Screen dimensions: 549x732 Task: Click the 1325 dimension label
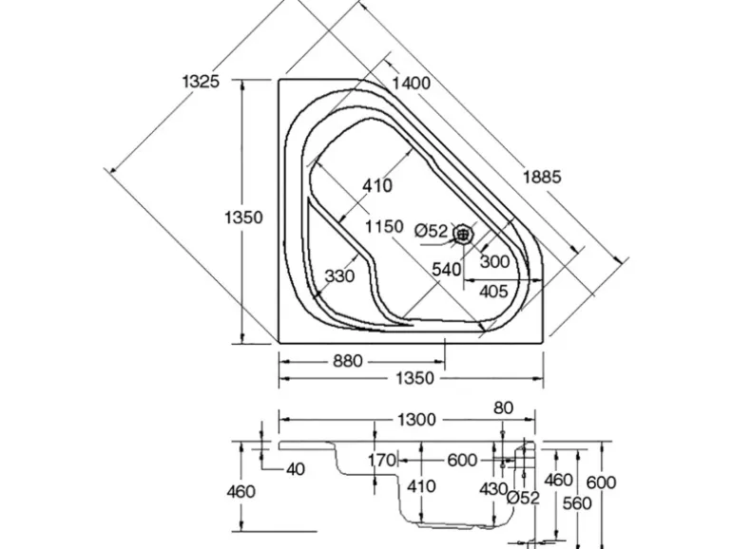click(x=201, y=81)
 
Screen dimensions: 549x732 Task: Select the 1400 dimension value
click(x=411, y=83)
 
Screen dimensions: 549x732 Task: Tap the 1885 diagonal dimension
click(x=543, y=176)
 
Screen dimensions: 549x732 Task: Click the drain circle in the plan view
click(x=463, y=232)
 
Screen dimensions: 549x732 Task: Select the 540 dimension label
click(x=447, y=270)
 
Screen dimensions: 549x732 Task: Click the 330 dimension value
click(x=339, y=276)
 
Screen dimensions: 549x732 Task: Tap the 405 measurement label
click(x=492, y=291)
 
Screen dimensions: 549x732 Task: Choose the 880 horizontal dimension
click(x=349, y=361)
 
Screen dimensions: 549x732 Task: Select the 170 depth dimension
click(x=381, y=461)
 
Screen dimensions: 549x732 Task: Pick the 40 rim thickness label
click(x=296, y=469)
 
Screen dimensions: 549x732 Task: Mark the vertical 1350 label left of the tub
click(x=242, y=217)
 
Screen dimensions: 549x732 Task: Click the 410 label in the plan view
click(x=376, y=186)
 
